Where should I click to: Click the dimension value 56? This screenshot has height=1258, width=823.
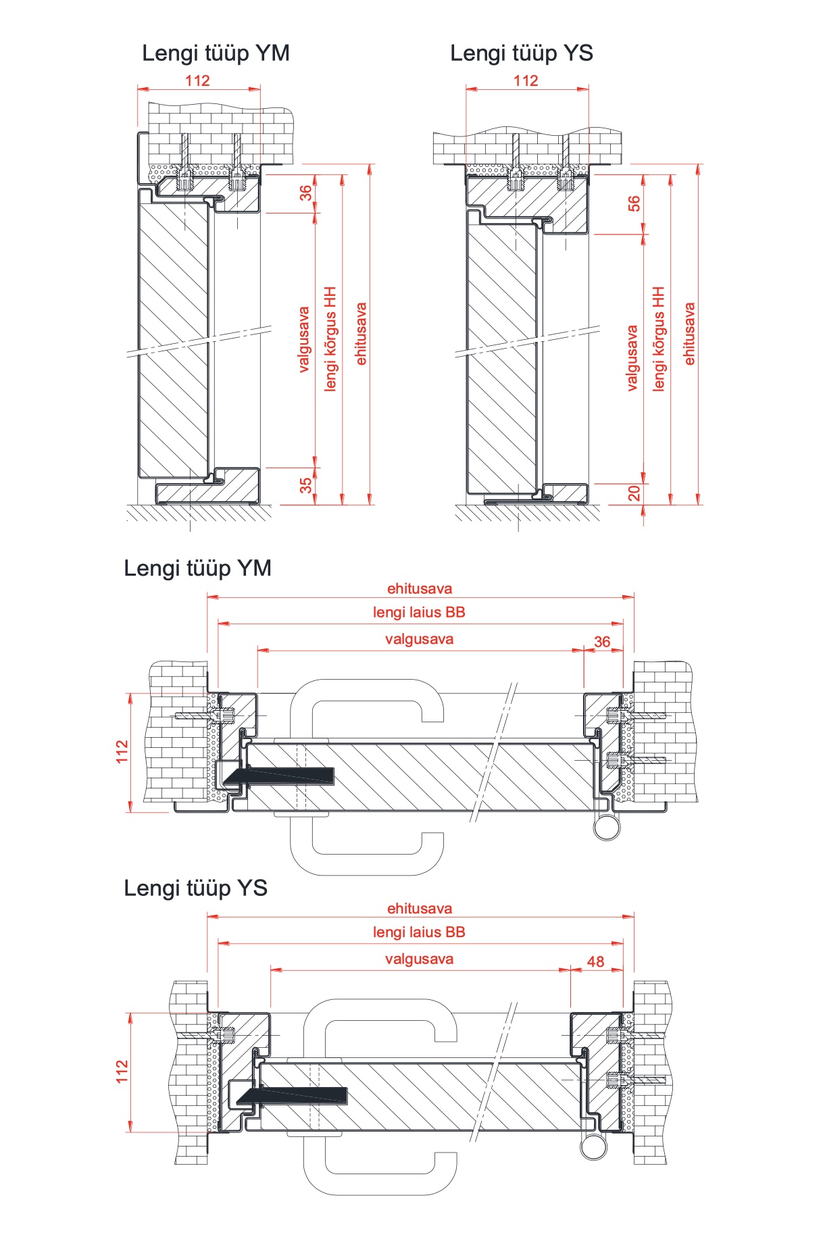(634, 203)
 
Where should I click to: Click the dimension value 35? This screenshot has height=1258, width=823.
(306, 485)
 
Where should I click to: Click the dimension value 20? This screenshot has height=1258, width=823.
(634, 494)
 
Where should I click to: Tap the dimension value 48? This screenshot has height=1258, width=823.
(595, 961)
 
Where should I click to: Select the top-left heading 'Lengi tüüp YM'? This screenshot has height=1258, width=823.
(216, 53)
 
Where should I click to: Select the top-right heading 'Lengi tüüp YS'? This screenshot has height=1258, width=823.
(522, 53)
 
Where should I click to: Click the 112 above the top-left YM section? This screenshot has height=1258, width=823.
(197, 80)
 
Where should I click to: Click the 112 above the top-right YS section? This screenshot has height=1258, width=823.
(526, 80)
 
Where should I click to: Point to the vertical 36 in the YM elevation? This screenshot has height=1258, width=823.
(306, 193)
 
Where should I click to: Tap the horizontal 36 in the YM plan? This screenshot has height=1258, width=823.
(601, 641)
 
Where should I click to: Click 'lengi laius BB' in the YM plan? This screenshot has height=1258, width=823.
(419, 612)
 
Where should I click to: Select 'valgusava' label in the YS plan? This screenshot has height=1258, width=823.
(419, 959)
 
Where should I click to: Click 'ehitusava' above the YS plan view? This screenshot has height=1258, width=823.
(419, 908)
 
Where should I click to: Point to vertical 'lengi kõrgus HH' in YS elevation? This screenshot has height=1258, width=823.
(659, 338)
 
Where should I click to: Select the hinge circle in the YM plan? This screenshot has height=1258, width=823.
(607, 826)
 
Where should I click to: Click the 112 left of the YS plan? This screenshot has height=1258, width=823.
(122, 1072)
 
